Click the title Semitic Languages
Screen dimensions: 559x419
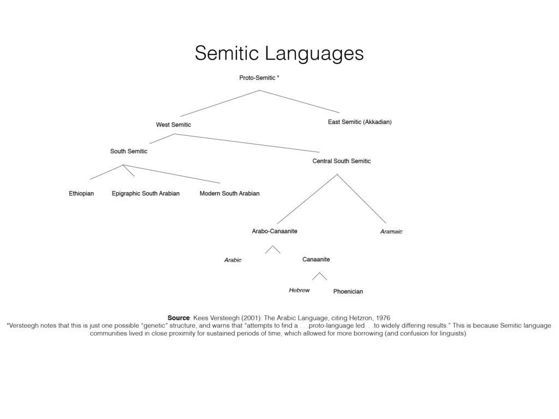(279, 53)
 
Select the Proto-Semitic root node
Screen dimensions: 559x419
(259, 77)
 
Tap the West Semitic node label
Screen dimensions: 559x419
(173, 125)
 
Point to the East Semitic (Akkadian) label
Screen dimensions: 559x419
(360, 122)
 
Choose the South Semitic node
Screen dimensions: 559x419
(129, 151)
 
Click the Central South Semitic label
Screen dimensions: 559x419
(342, 161)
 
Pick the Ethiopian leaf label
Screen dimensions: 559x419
(81, 194)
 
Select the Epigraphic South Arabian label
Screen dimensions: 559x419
(146, 194)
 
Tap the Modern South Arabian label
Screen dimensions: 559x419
(230, 194)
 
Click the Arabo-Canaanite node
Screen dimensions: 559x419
(275, 231)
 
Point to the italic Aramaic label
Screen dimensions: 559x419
(391, 231)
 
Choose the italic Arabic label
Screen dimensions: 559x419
(233, 260)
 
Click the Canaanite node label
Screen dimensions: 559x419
(316, 259)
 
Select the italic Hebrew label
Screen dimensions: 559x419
(300, 290)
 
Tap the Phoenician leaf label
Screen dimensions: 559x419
(348, 291)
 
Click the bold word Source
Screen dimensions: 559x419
(179, 318)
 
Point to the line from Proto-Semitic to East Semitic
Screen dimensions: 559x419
(300, 101)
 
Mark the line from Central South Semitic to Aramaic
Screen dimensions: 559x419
(361, 199)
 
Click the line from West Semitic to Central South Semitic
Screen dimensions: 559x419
(247, 143)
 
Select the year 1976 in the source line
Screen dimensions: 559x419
(383, 318)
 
